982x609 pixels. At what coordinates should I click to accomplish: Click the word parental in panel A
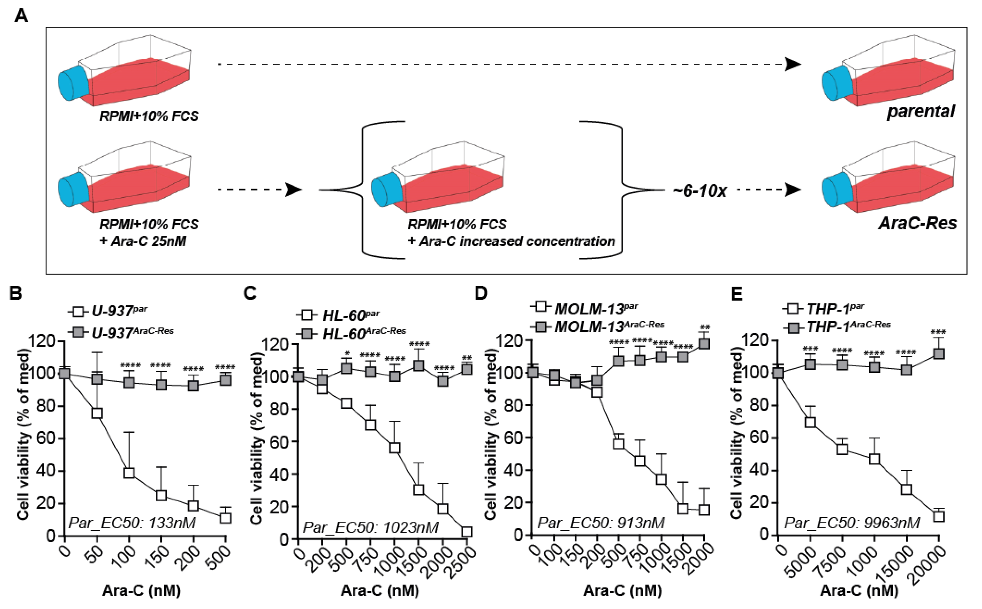point(921,112)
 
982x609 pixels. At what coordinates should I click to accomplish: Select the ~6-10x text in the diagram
point(699,190)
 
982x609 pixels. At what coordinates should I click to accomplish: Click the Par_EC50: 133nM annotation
point(132,523)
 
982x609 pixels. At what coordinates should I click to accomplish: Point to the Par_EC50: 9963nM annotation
point(852,523)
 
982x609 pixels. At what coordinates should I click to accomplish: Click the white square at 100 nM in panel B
point(129,473)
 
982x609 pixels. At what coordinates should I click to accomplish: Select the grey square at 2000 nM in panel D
point(704,344)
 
